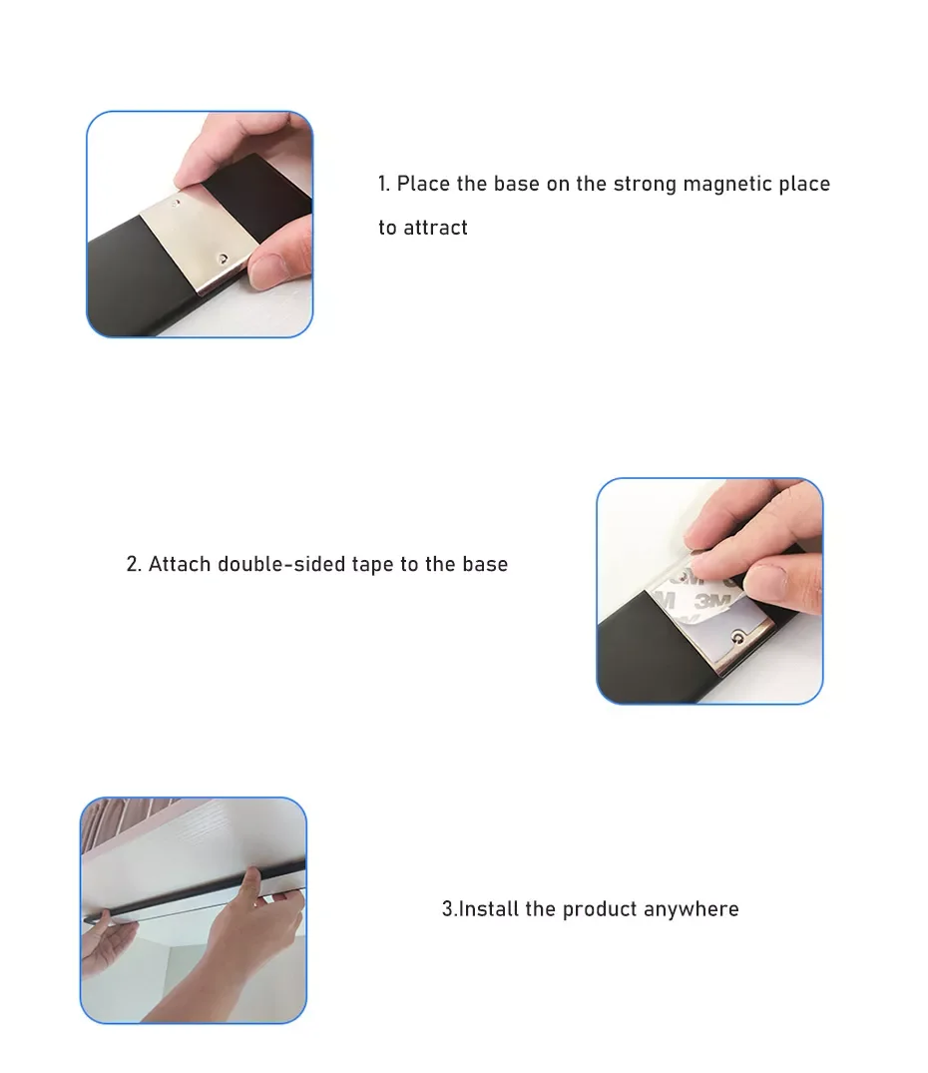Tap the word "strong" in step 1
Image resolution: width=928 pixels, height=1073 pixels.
(645, 184)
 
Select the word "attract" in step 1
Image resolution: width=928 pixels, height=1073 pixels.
(435, 228)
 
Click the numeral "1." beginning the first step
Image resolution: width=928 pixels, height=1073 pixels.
(384, 184)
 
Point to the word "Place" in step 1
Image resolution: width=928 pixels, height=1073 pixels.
(423, 184)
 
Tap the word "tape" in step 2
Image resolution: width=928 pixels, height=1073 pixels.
(373, 565)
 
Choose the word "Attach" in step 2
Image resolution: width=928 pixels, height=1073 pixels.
(180, 565)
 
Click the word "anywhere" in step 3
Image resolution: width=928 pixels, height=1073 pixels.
(692, 909)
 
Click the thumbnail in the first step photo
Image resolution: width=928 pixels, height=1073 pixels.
(271, 268)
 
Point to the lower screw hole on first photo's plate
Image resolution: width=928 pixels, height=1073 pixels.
(225, 257)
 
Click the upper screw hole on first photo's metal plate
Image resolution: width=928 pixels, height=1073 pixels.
(178, 201)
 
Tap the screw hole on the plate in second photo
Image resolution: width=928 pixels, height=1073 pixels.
(737, 634)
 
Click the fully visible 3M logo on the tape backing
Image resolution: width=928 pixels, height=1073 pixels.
(709, 601)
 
